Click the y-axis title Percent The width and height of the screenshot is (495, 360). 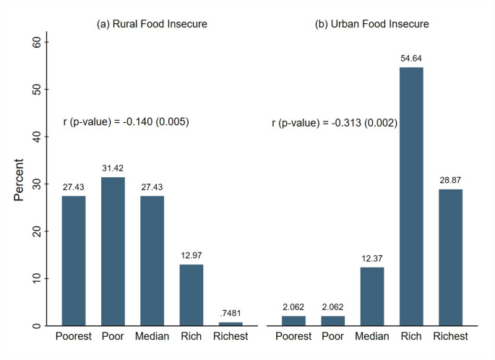19,184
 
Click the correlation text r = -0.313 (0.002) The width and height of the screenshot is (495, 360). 335,123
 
